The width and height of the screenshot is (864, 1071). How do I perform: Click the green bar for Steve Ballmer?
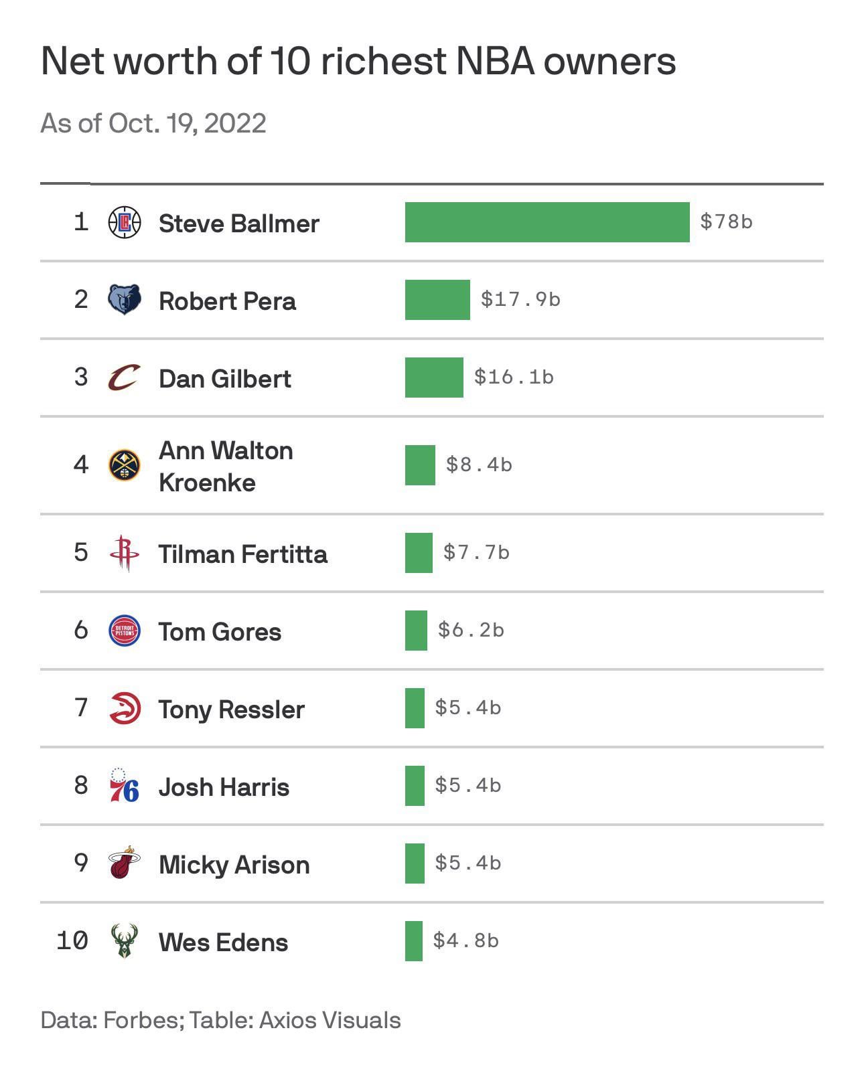pyautogui.click(x=547, y=222)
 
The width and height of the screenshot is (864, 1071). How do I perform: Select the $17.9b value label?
pyautogui.click(x=520, y=299)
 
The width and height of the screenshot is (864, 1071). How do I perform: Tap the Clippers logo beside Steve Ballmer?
pyautogui.click(x=125, y=222)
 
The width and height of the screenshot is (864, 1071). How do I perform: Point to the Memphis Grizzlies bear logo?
pyautogui.click(x=125, y=299)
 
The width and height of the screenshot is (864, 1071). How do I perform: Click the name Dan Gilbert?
pyautogui.click(x=225, y=379)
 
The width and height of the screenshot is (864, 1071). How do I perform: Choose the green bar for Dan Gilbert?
pyautogui.click(x=434, y=378)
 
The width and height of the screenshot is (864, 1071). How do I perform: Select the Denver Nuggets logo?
pyautogui.click(x=125, y=465)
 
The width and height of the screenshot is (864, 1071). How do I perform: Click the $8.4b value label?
pyautogui.click(x=479, y=465)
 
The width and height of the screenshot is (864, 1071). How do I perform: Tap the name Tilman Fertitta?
pyautogui.click(x=243, y=554)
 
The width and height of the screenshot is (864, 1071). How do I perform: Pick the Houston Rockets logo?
pyautogui.click(x=124, y=553)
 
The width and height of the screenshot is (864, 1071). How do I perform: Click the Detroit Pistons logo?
pyautogui.click(x=125, y=631)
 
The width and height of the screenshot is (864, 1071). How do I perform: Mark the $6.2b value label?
pyautogui.click(x=471, y=630)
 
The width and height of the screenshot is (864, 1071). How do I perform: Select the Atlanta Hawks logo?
pyautogui.click(x=125, y=708)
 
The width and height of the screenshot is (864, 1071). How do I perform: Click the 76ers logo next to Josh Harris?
pyautogui.click(x=124, y=786)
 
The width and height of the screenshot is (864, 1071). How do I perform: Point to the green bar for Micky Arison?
pyautogui.click(x=415, y=863)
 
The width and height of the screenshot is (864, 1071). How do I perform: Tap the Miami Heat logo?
pyautogui.click(x=124, y=863)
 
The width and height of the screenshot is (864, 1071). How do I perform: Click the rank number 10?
pyautogui.click(x=72, y=940)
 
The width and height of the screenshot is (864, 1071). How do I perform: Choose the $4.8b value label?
pyautogui.click(x=465, y=940)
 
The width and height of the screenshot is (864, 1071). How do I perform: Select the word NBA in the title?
pyautogui.click(x=495, y=62)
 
